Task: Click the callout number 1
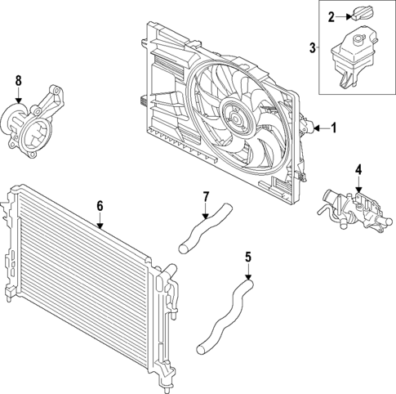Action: tap(332, 128)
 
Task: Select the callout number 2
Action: tap(331, 16)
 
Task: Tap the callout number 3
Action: tap(313, 47)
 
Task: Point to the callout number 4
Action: tap(357, 171)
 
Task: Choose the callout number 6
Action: tap(100, 206)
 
